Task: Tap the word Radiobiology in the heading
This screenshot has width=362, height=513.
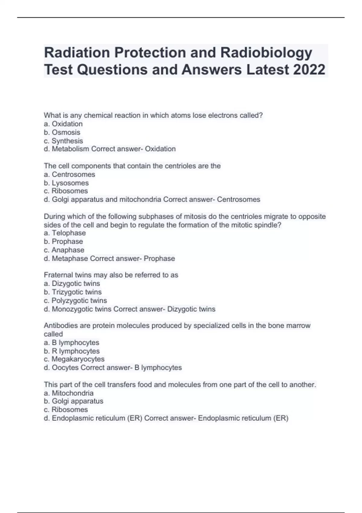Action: tap(266, 53)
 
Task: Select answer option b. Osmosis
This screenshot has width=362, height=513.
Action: tap(62, 132)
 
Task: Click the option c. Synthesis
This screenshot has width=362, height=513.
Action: tap(63, 141)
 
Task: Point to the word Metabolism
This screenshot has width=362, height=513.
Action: tap(70, 149)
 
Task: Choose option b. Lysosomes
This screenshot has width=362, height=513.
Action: tap(66, 183)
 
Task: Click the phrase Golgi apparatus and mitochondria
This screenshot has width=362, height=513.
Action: tap(106, 199)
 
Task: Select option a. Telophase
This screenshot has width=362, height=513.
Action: tap(65, 233)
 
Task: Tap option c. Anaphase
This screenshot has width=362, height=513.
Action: tap(64, 250)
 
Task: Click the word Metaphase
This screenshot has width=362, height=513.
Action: tap(70, 259)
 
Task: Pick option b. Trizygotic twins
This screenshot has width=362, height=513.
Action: tap(73, 292)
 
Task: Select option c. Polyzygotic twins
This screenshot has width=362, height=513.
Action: tap(75, 301)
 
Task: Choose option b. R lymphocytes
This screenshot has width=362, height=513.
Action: tap(72, 351)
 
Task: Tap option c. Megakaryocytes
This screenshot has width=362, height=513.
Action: tap(74, 359)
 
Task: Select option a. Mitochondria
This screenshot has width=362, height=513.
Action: tap(69, 393)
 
